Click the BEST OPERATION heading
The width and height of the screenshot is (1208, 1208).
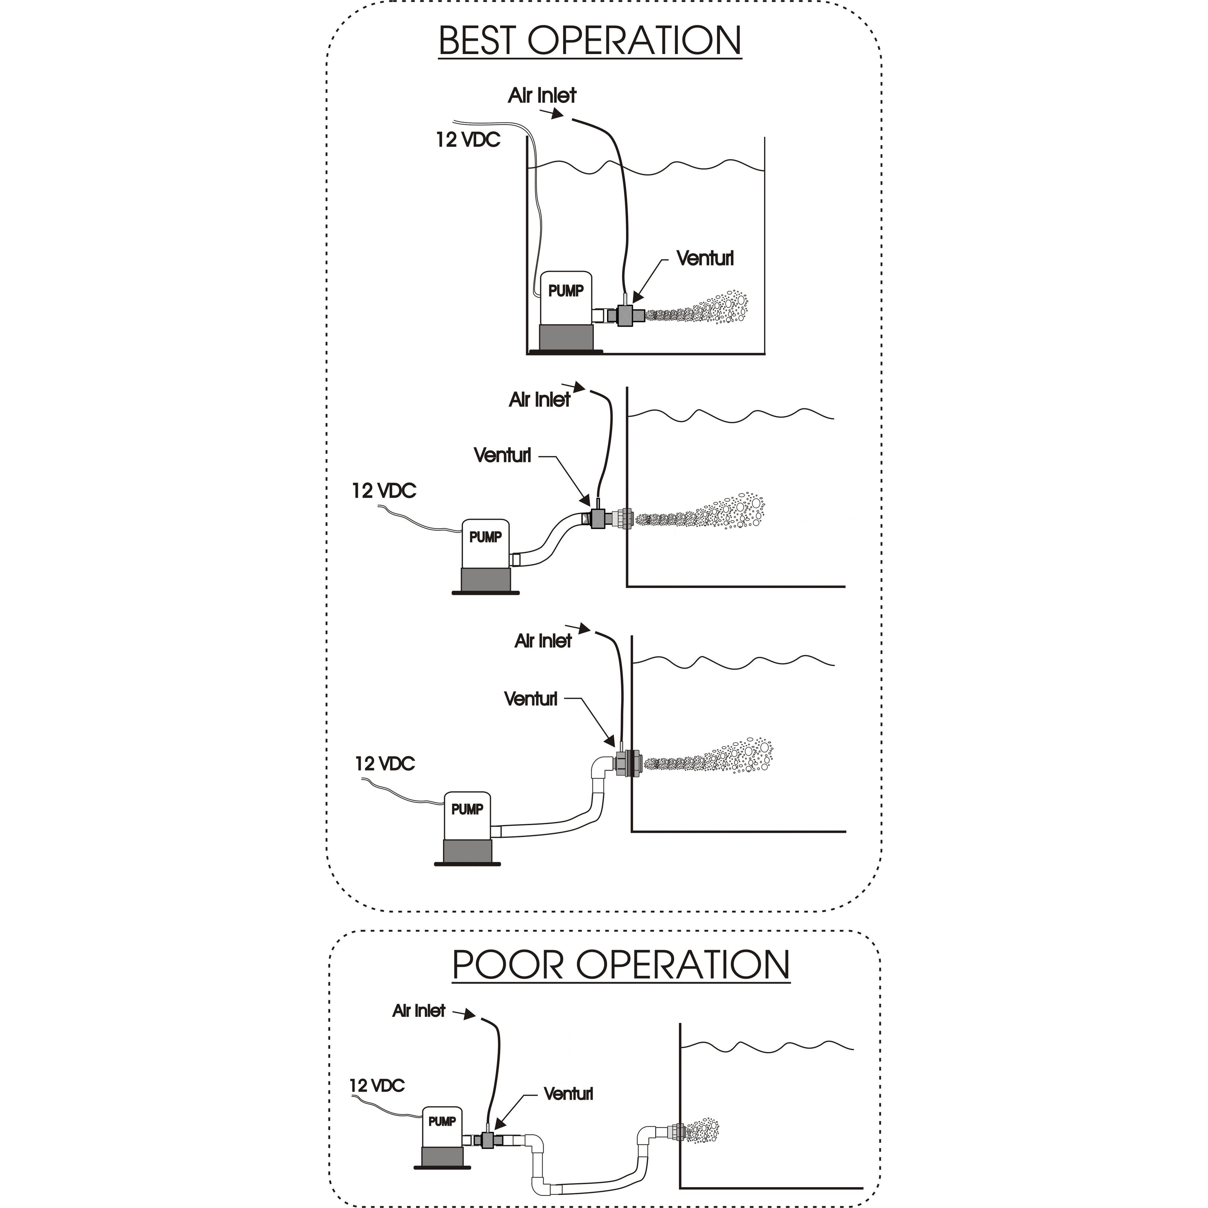tap(590, 41)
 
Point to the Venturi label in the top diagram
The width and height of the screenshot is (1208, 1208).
tap(705, 258)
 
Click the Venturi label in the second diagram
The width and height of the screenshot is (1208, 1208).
tap(502, 455)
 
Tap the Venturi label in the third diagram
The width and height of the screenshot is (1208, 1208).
tap(530, 699)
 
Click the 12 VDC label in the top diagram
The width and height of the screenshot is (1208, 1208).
tap(468, 140)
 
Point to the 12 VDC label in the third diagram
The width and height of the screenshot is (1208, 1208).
tap(384, 763)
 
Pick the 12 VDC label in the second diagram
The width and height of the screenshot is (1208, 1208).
tap(384, 491)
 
